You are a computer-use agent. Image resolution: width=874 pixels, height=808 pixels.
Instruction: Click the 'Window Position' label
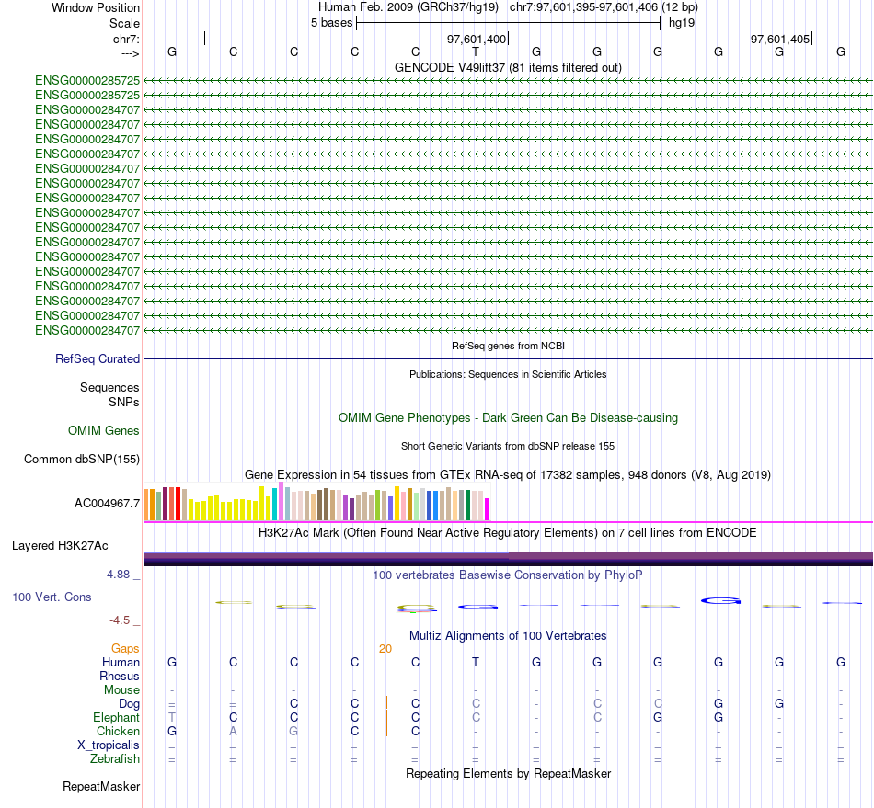(96, 7)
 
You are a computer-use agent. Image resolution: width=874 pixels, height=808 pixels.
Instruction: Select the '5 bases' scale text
(331, 22)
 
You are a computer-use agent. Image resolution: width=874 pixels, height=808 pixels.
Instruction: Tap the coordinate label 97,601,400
(477, 39)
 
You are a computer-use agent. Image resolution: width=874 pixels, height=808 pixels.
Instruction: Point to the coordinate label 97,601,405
(780, 39)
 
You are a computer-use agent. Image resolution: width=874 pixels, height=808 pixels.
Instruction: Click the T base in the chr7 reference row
(476, 51)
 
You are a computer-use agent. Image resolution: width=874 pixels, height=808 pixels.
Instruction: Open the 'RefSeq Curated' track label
(98, 359)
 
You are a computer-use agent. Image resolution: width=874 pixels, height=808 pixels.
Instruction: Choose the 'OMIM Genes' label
(104, 430)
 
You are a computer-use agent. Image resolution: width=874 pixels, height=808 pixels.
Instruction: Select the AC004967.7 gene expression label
(107, 503)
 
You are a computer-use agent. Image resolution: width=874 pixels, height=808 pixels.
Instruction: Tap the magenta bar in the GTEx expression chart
(488, 508)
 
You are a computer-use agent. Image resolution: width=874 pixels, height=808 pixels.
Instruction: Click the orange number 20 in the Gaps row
(385, 648)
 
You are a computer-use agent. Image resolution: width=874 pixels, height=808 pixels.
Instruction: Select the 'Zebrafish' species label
(115, 758)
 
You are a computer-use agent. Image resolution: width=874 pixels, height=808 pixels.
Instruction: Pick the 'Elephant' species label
(117, 717)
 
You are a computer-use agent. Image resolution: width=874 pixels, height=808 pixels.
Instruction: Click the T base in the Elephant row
(171, 717)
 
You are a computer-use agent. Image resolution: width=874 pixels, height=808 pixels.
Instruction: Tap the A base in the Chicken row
(233, 731)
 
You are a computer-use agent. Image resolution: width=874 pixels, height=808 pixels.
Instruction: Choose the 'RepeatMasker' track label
(101, 787)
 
